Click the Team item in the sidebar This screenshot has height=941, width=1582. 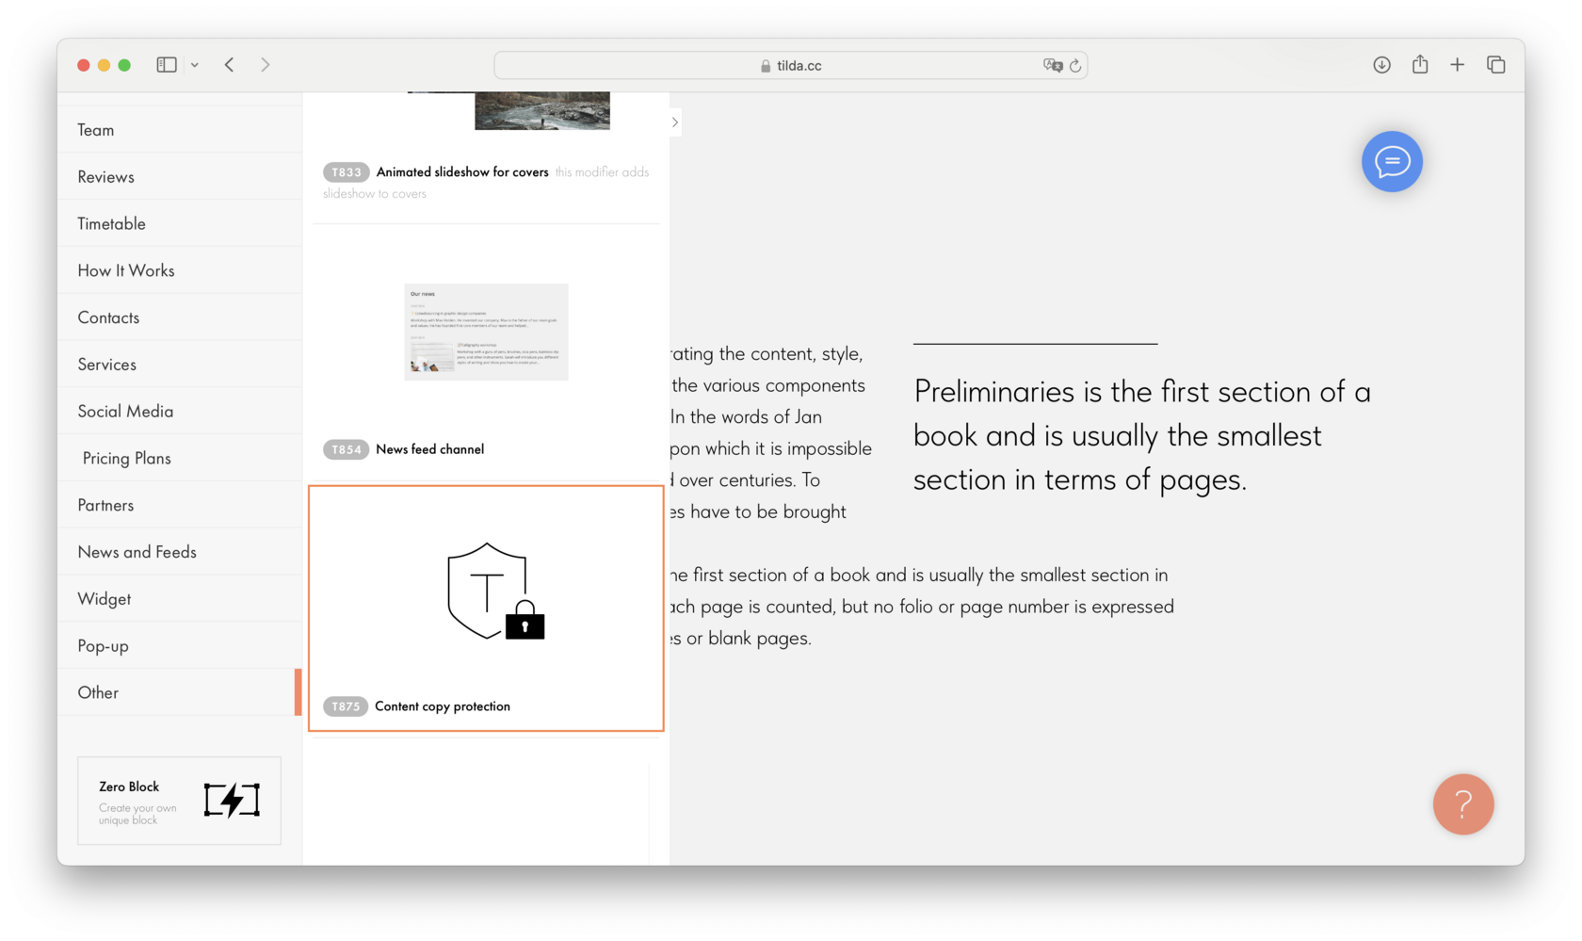click(96, 130)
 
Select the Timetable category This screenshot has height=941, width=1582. click(112, 223)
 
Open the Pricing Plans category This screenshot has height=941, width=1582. click(127, 458)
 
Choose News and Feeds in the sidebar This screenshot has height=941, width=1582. click(137, 552)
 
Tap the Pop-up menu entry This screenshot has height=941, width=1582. click(104, 646)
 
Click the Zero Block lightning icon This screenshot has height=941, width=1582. click(232, 800)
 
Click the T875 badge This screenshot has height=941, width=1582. click(346, 706)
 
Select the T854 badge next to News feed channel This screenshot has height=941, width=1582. click(346, 449)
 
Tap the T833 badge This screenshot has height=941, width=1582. click(346, 172)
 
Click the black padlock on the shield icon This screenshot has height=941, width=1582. click(525, 622)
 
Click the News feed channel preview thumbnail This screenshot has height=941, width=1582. click(486, 332)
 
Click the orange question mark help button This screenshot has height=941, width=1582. click(1462, 804)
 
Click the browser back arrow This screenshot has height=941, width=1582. click(230, 65)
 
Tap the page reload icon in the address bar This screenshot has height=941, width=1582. click(1075, 66)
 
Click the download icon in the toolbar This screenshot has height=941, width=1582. click(1381, 65)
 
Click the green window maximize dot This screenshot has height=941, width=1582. click(124, 65)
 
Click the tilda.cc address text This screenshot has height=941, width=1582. click(799, 66)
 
